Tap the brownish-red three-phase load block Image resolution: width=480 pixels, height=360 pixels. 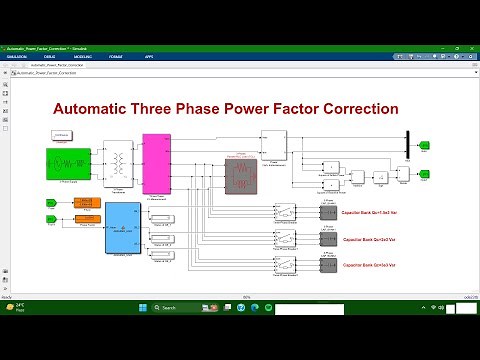coord(241,174)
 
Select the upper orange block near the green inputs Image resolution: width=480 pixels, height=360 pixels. coord(88,203)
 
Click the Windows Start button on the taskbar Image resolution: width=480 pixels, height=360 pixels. coord(152,306)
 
